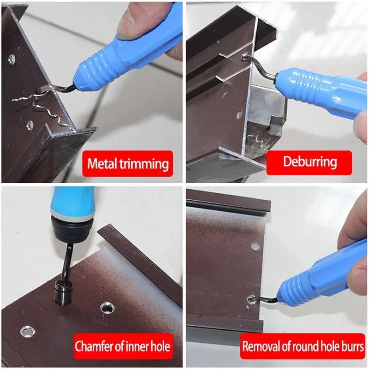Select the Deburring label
[x=309, y=161]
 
